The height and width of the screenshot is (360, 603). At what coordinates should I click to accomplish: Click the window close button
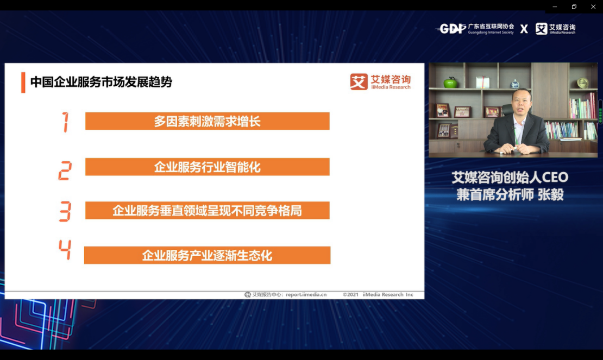(x=593, y=7)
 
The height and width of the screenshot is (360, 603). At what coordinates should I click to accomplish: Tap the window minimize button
(x=555, y=7)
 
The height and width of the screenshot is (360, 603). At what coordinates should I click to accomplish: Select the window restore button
(x=574, y=7)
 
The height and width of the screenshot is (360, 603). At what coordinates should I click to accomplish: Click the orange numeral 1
(x=65, y=122)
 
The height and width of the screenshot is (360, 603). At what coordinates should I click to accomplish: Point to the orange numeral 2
(x=65, y=170)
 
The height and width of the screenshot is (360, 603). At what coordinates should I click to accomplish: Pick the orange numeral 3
(x=65, y=211)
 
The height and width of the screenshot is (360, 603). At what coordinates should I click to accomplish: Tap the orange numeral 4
(x=65, y=250)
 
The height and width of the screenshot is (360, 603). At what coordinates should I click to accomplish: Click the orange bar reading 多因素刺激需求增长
(x=208, y=121)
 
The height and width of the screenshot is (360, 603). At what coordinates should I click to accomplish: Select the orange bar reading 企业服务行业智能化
(x=208, y=167)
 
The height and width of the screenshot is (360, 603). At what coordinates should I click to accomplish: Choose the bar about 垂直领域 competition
(x=208, y=210)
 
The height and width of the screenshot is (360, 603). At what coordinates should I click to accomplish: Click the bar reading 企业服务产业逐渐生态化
(x=208, y=255)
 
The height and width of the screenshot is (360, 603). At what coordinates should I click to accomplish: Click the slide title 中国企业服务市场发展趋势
(x=101, y=82)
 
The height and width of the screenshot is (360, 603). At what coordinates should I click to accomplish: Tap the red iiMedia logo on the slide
(x=380, y=82)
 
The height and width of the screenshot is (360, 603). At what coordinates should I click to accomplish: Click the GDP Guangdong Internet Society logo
(x=476, y=28)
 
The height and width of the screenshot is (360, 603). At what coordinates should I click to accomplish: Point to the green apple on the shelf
(x=450, y=82)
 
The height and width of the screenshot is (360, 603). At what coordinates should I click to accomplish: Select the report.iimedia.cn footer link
(x=306, y=295)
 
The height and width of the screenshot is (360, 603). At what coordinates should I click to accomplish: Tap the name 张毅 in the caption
(x=551, y=194)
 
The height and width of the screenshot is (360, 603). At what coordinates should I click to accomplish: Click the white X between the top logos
(x=524, y=29)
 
